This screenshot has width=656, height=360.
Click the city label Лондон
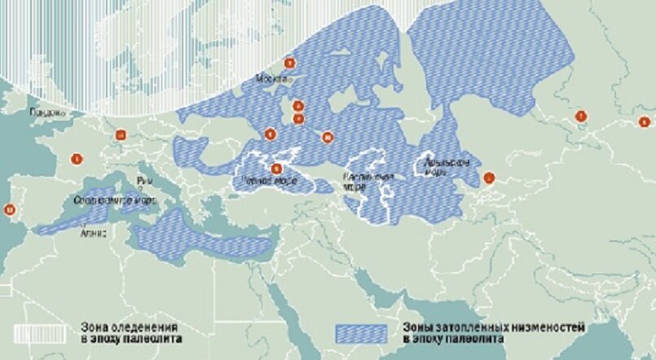(46, 112)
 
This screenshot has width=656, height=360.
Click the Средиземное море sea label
(104, 200)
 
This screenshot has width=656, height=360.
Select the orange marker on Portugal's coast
(10, 209)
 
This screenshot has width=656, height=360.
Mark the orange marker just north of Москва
(288, 63)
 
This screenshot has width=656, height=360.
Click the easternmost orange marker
(645, 122)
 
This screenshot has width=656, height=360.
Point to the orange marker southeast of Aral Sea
(489, 177)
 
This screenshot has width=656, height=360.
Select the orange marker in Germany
(121, 135)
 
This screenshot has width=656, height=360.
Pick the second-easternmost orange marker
(581, 116)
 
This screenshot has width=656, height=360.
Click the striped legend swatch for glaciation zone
(44, 332)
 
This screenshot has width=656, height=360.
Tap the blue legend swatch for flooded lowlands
(363, 332)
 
